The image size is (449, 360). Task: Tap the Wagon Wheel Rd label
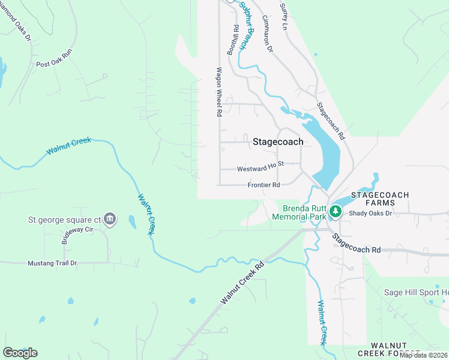pyautogui.click(x=220, y=92)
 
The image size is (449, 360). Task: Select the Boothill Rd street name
pyautogui.click(x=233, y=40)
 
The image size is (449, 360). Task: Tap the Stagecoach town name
pyautogui.click(x=278, y=142)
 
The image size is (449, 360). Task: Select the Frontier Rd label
pyautogui.click(x=264, y=185)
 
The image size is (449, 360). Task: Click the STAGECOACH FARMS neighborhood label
pyautogui.click(x=380, y=199)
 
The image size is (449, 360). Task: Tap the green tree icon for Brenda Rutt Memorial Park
pyautogui.click(x=336, y=212)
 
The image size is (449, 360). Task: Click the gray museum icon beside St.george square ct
pyautogui.click(x=109, y=219)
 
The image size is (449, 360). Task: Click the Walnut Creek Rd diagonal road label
pyautogui.click(x=243, y=283)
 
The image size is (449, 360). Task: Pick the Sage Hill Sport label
pyautogui.click(x=415, y=292)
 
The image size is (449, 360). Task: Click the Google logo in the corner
pyautogui.click(x=20, y=353)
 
